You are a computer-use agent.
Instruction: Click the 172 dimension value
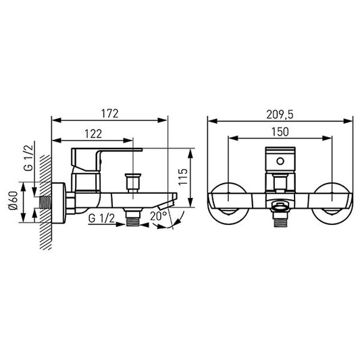tap(109, 113)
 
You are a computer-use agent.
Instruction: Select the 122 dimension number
tap(93, 134)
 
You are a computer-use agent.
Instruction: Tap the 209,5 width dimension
tap(280, 115)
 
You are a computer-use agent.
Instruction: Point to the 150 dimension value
tap(280, 132)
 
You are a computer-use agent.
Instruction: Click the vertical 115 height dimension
tap(183, 176)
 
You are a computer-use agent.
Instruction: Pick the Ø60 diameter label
tap(13, 201)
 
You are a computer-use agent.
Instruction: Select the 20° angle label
tap(159, 216)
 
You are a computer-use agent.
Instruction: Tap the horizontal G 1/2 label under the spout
tap(101, 218)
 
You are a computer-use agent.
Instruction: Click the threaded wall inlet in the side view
tap(45, 203)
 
